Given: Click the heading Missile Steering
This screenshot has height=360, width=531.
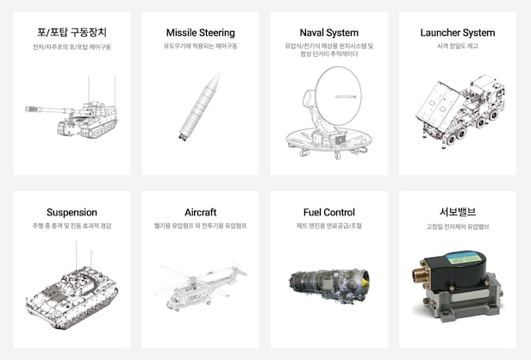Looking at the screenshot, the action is click(x=201, y=33).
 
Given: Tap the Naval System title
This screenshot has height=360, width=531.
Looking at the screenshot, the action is click(x=328, y=33).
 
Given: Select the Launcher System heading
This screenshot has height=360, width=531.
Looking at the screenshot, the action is click(x=458, y=33).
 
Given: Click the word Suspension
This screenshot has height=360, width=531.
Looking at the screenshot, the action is click(x=72, y=213).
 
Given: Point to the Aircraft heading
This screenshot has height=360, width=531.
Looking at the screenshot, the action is click(x=201, y=212).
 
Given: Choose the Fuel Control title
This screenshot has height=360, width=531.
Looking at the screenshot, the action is click(x=328, y=212).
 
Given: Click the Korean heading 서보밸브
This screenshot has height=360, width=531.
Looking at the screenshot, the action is click(x=458, y=212).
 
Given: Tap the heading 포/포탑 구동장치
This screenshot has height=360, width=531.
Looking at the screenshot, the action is click(x=72, y=33).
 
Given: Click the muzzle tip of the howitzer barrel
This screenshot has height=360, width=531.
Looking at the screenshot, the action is click(x=27, y=109).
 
